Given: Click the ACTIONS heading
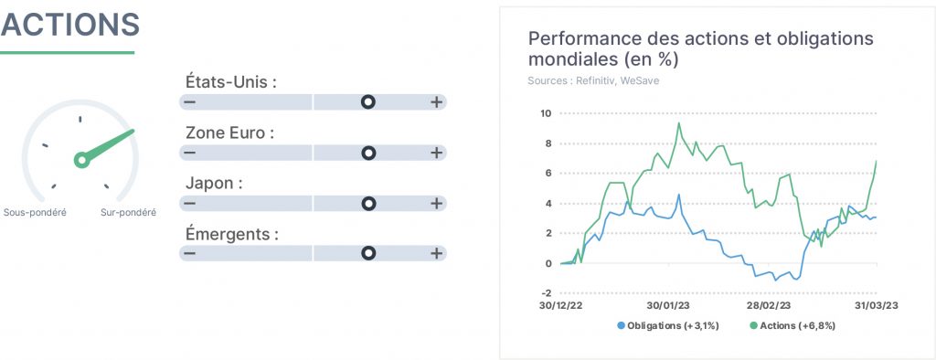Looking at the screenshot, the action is pos(70,24).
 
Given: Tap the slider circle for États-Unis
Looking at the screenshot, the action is pos(368,102).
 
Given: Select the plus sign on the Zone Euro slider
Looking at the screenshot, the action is pos(437,153).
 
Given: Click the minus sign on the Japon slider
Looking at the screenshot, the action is pos(190,204).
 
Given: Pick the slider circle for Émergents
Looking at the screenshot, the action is pos(368,254).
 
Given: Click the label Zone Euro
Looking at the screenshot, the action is pos(229,132).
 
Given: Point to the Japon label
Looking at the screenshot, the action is pos(214,184).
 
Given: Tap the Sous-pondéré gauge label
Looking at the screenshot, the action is pos(35,213).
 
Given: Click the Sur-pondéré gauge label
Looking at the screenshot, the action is pos(128,213).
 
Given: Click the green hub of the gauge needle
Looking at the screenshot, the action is pos(81,160).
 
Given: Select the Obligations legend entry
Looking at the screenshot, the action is pos(668,325).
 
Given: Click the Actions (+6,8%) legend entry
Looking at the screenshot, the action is pos(792,325).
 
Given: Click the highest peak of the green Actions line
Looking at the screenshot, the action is pos(679,123).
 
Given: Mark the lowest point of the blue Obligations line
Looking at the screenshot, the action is pos(775,280).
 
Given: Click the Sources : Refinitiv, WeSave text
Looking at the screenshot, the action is pos(593,80).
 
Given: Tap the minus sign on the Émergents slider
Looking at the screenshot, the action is pos(190,254).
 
